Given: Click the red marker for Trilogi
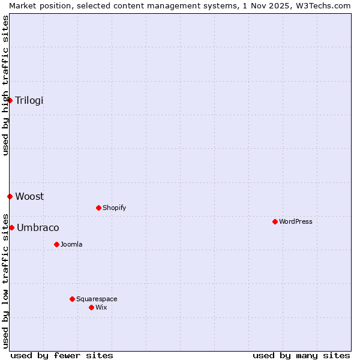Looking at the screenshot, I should (x=10, y=100).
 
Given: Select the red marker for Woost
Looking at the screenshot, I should (x=10, y=196).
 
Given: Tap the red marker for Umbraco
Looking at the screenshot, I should (x=11, y=227).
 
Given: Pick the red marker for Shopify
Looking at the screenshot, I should (x=98, y=208).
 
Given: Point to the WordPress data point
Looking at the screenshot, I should (x=275, y=221).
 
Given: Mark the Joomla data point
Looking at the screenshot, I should (x=56, y=244).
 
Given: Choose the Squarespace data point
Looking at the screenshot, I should (x=72, y=299).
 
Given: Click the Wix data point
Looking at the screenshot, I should (x=91, y=307).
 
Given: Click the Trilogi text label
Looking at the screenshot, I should (x=29, y=100).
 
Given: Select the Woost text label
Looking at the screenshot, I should (x=29, y=196).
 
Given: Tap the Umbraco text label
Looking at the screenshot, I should (x=38, y=227).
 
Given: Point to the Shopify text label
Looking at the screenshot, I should (x=115, y=208).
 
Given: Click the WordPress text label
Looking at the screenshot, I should (x=296, y=221).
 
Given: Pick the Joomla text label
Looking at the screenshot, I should (x=71, y=244).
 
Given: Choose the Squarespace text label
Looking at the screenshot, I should (x=97, y=299).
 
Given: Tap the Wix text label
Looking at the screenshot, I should (x=101, y=307).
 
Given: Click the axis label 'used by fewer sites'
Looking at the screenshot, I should (x=62, y=356).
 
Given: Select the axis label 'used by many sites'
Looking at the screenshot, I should (x=301, y=356).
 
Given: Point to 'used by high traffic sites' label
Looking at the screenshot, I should (x=5, y=85).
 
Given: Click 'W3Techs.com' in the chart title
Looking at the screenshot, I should (x=322, y=5).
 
